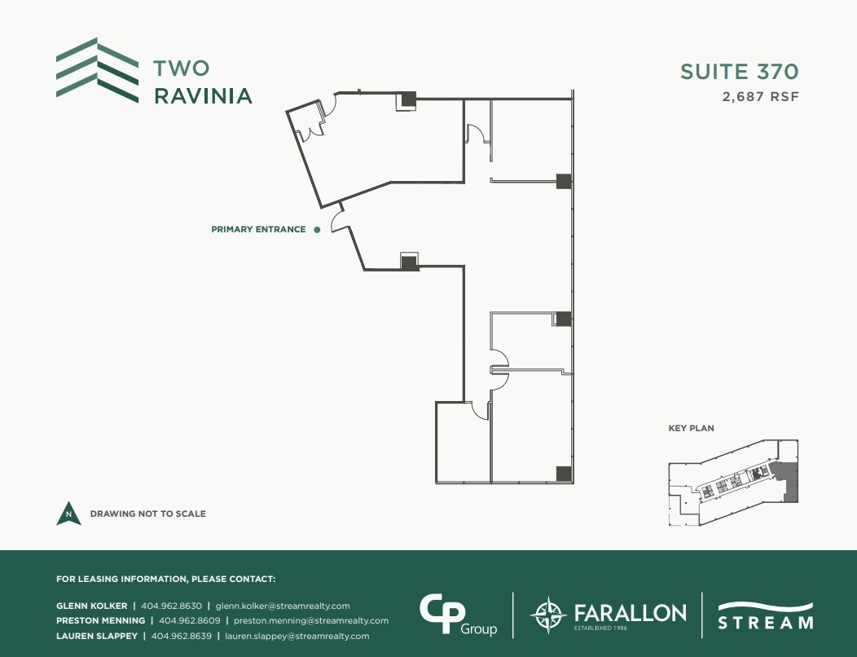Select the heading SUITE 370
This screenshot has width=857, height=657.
[739, 72]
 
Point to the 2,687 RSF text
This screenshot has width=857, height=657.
[760, 97]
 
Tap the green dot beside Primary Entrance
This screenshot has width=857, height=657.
[317, 230]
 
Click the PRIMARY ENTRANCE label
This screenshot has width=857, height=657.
[258, 230]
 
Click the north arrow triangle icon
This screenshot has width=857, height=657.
[68, 514]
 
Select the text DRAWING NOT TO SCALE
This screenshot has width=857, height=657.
[147, 514]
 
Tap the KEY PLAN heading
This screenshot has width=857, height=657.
[691, 429]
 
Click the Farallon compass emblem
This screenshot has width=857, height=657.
[547, 615]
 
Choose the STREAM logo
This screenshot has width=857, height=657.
[765, 615]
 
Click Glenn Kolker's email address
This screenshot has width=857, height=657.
[283, 606]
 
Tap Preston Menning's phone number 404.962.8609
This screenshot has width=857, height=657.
[191, 621]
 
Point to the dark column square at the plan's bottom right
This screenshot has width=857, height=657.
[563, 473]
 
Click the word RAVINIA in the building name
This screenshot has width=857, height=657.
[203, 96]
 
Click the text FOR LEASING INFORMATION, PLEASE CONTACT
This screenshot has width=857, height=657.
[165, 580]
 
